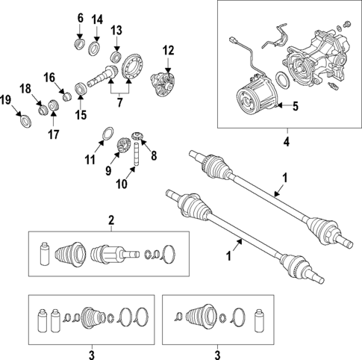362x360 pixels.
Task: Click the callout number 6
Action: (x=81, y=18)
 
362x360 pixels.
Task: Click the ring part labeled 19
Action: (x=22, y=120)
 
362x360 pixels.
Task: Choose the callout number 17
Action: (x=53, y=134)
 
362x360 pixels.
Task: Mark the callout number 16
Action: (x=49, y=77)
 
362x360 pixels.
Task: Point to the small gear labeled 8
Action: (x=137, y=136)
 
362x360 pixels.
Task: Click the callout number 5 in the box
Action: (x=295, y=107)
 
